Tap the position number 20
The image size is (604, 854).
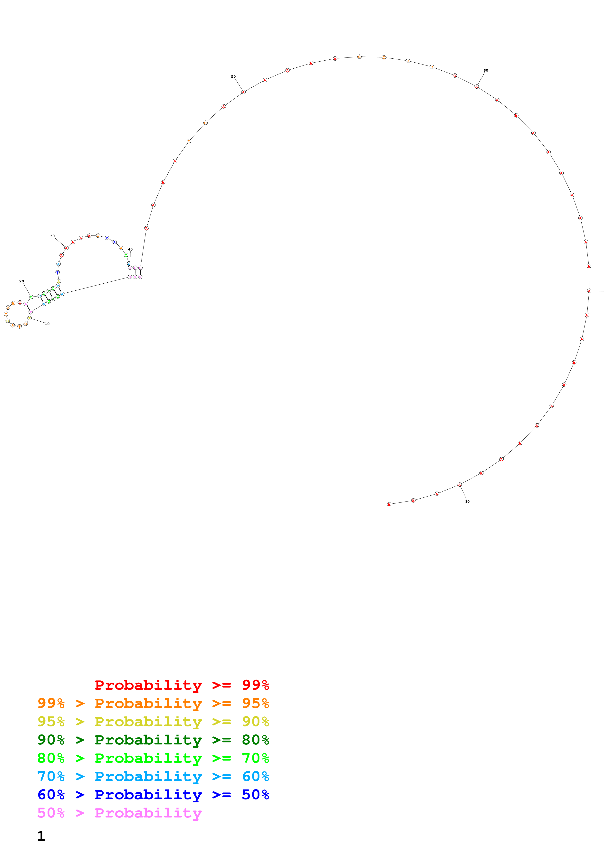[22, 281]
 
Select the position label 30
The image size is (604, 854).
[52, 236]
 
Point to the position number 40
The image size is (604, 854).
[130, 250]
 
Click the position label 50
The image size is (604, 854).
[233, 77]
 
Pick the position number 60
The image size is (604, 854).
[486, 70]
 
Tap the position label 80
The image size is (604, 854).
[467, 501]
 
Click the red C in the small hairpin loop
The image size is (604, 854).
[20, 302]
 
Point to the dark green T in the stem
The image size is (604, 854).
[49, 291]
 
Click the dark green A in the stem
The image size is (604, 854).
[53, 299]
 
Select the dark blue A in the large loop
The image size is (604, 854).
[115, 242]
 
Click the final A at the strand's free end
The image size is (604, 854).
[389, 504]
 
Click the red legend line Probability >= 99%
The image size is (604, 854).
[182, 685]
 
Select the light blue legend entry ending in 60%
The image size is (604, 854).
[153, 776]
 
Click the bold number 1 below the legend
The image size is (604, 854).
[41, 836]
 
